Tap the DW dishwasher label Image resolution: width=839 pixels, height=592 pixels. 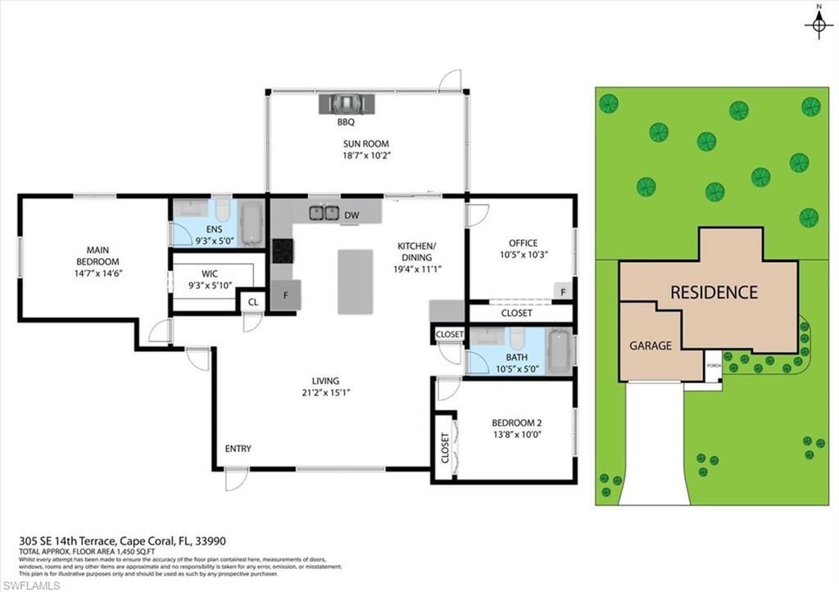point(351,215)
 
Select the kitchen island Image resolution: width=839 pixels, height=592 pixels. point(355,281)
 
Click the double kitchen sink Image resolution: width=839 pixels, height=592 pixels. point(324,213)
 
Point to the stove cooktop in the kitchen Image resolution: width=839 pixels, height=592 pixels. point(282,250)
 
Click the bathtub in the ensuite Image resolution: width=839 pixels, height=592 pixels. point(252,222)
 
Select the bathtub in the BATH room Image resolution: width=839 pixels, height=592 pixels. point(560,351)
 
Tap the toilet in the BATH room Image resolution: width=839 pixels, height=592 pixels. point(516,338)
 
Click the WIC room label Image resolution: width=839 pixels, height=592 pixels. point(210,274)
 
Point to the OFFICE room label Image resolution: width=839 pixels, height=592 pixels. point(523,243)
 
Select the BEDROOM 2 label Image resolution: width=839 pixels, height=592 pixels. point(516,423)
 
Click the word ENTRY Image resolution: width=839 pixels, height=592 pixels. point(238,449)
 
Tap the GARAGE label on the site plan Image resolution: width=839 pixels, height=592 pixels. point(651,346)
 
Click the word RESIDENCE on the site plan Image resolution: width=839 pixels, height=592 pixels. point(714,292)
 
